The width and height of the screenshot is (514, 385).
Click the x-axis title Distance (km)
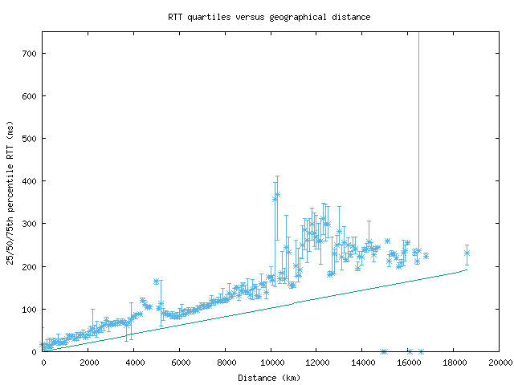click(269, 377)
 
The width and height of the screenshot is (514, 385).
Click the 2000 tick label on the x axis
click(88, 363)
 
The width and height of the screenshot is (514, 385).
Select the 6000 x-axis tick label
click(179, 363)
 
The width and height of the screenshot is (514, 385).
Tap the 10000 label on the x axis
click(271, 363)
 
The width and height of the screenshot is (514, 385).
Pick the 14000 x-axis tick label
click(362, 363)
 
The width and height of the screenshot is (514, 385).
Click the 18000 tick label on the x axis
click(454, 363)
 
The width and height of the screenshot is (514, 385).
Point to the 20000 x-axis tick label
click(499, 363)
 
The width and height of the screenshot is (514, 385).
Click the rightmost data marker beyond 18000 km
click(467, 253)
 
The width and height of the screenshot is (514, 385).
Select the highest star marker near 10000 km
click(277, 194)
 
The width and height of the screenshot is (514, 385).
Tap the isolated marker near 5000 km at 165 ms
click(156, 282)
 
